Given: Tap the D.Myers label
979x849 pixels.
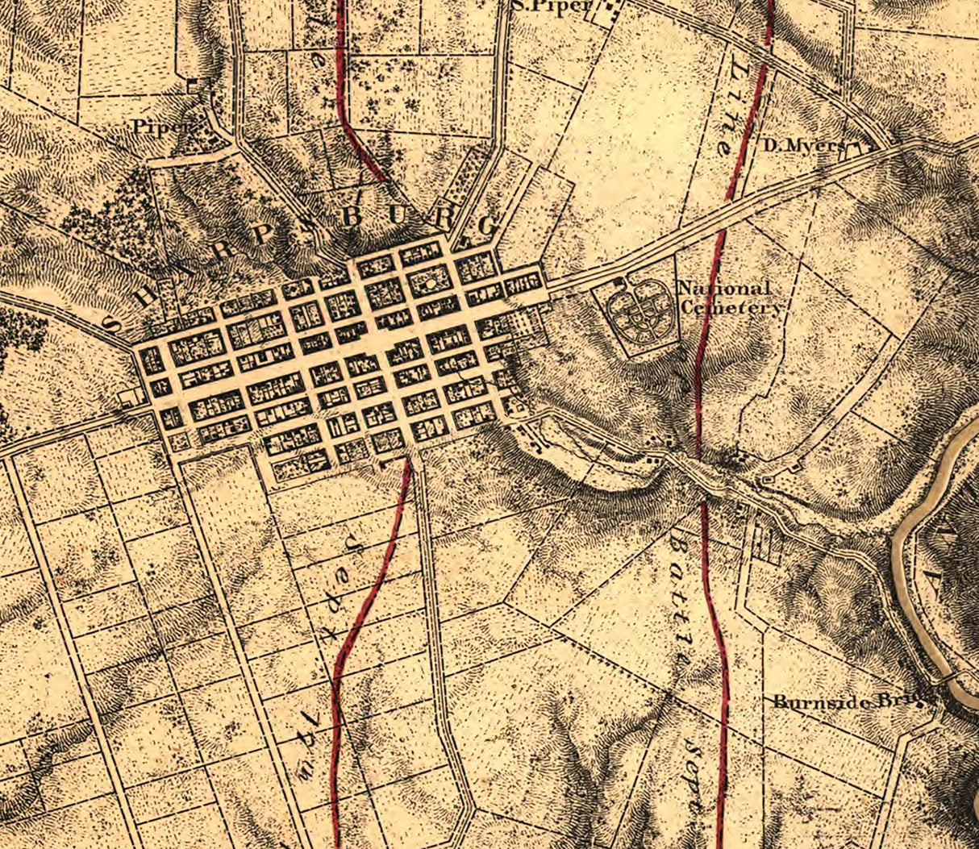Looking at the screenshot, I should tap(803, 146).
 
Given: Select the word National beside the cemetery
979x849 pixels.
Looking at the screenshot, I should tap(723, 288).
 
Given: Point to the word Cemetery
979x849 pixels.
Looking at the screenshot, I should tap(731, 307).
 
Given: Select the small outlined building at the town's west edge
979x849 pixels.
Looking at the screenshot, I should tap(127, 397).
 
